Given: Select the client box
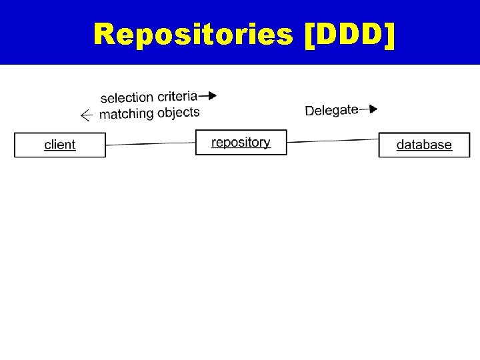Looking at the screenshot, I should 60,145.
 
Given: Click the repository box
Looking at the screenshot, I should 241,143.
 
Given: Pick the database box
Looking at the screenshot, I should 424,145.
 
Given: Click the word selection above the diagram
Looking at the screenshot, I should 127,98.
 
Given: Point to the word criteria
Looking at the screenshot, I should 177,96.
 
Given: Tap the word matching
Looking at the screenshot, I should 127,114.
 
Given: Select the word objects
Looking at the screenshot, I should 179,112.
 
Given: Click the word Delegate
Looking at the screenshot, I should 331,110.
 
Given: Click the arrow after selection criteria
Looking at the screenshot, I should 208,95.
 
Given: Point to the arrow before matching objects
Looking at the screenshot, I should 86,115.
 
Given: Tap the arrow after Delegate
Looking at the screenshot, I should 369,109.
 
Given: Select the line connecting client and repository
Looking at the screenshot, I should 150,143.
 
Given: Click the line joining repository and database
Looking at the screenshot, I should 333,141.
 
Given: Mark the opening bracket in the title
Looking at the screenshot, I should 308,34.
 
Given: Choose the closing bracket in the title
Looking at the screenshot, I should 389,34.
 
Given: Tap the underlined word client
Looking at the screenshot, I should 60,145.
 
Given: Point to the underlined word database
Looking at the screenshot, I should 424,145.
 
